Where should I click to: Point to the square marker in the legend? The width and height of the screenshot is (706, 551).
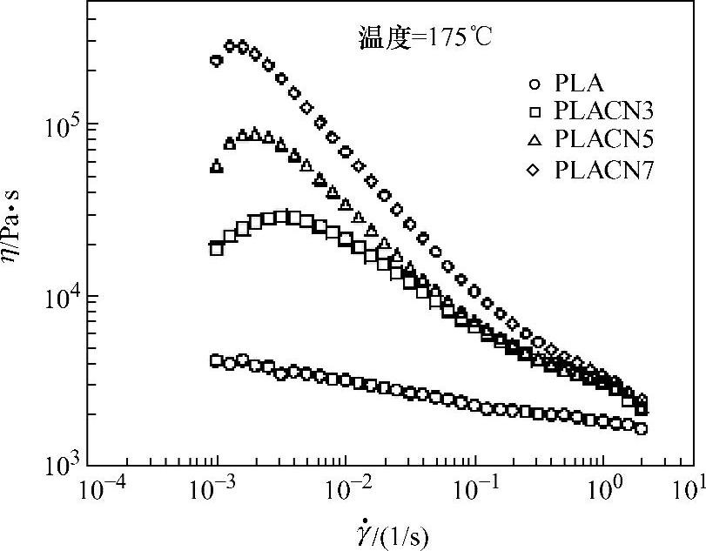click(x=535, y=112)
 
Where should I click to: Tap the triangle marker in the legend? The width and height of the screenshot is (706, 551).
click(x=535, y=140)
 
